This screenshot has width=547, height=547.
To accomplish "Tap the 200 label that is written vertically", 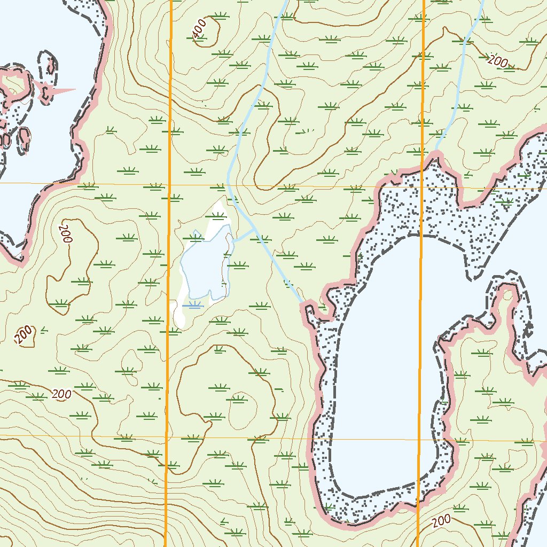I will coord(66,234).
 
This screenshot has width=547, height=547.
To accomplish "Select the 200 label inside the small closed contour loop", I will coord(24,335).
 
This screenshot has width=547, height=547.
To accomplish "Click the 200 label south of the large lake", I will coord(442,521).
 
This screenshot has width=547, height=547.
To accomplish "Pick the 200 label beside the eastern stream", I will coord(497,61).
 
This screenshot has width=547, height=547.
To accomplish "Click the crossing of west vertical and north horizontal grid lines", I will coord(169,185).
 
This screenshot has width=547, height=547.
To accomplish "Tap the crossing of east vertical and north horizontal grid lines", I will coord(423,188).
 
